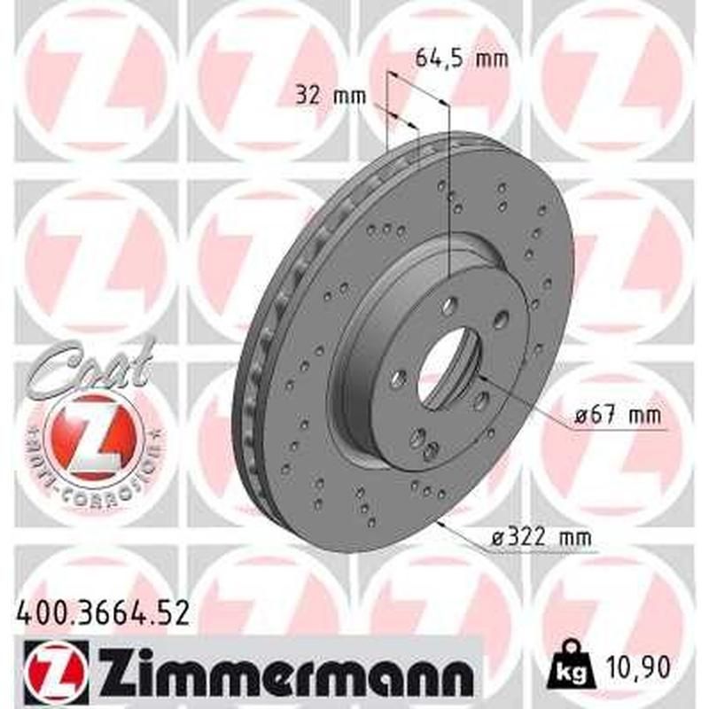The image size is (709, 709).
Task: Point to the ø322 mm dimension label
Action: pos(541,536)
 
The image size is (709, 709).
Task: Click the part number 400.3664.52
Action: pos(102,612)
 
